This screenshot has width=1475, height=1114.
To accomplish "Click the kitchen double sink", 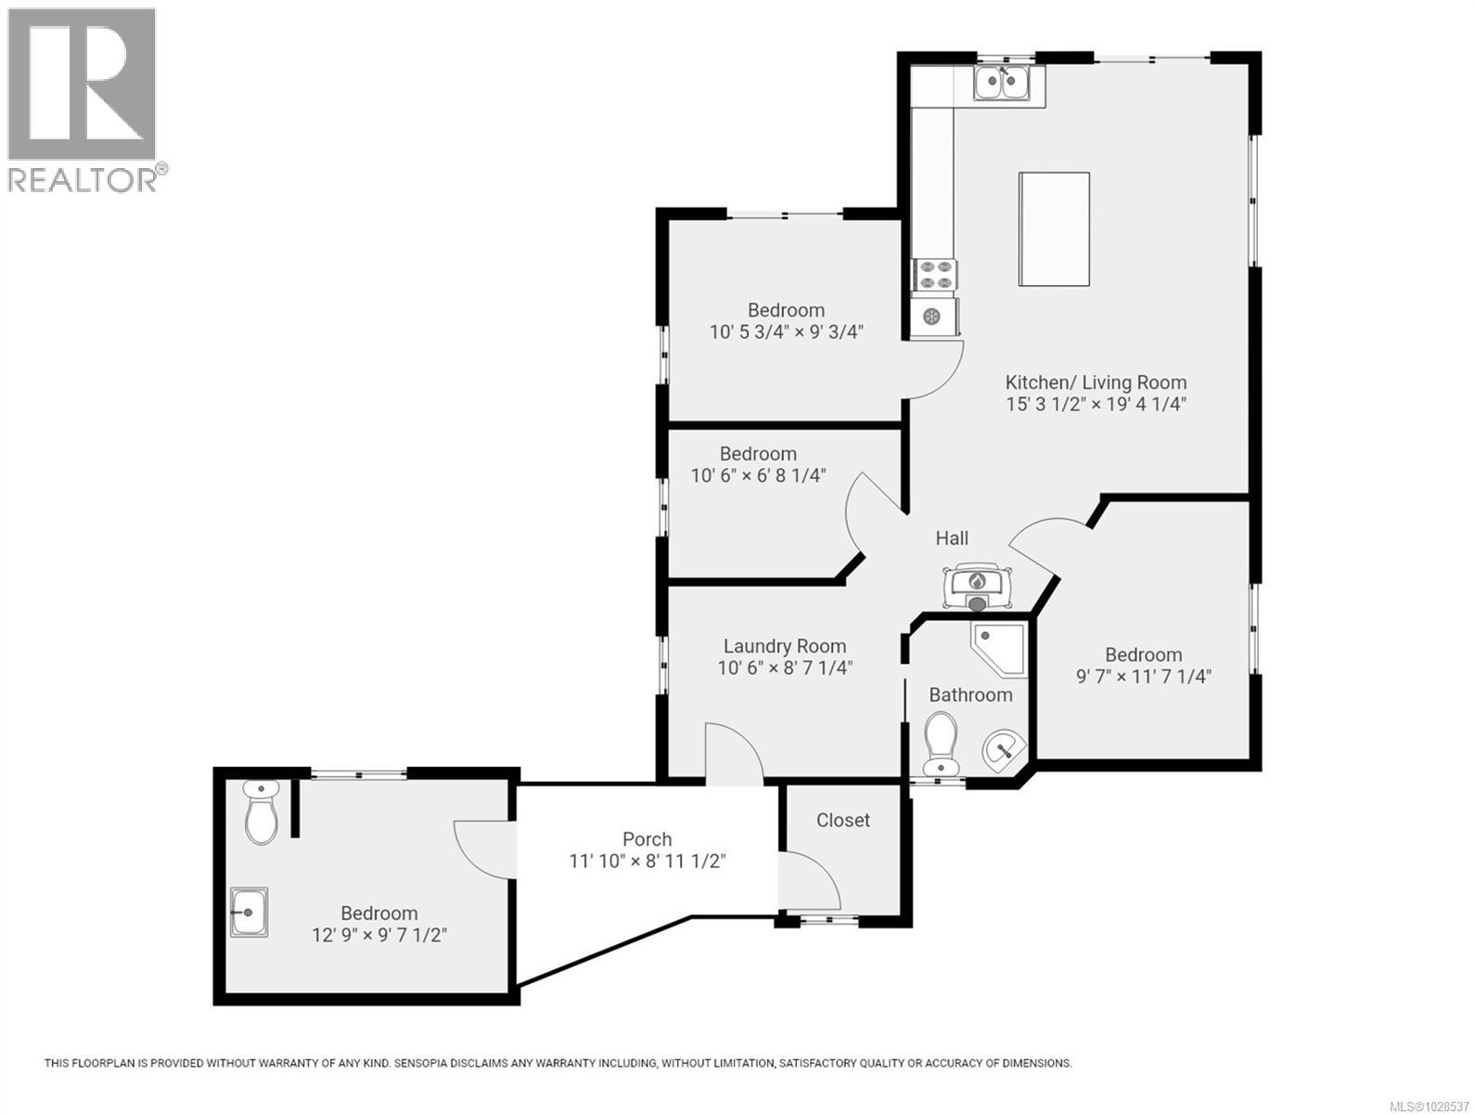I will coord(1002,84).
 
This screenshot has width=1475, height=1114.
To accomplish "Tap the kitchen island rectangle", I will coord(1054,229).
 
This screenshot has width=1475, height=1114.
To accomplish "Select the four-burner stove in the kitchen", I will coord(935,276).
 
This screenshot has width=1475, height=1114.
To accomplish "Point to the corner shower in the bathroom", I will coord(997,647).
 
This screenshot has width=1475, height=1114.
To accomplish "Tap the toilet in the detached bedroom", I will coord(263,813).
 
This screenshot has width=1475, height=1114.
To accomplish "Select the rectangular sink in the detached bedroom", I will coord(249,913).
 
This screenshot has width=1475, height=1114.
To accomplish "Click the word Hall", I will coord(952,538).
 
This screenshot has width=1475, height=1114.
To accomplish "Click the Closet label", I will coord(842,821).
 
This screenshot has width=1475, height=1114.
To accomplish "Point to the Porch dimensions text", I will coord(647,861).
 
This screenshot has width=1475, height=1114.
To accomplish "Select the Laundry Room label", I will coord(784,646).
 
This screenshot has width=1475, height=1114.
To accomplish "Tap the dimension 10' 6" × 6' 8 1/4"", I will coord(758,476).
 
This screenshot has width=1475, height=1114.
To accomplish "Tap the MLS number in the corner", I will coord(1436,1106).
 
